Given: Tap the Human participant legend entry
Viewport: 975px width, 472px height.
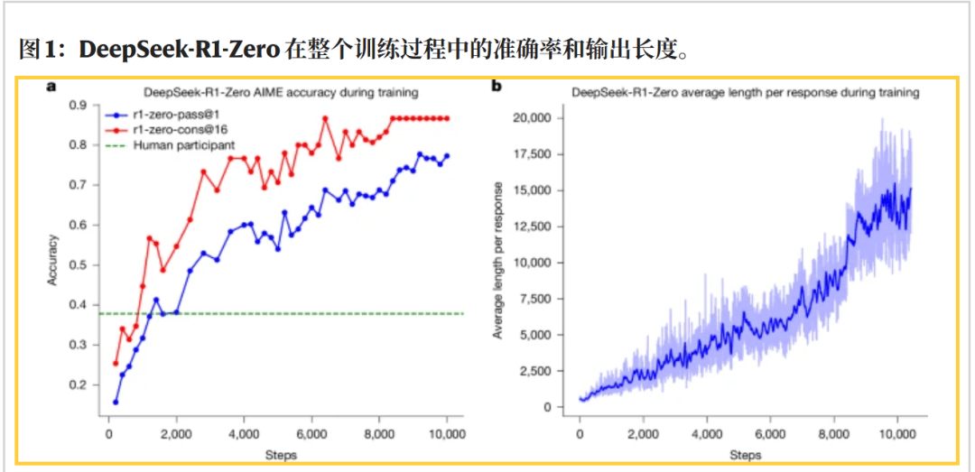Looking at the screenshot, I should (184, 144).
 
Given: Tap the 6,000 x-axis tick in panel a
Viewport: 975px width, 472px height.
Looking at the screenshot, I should (311, 433).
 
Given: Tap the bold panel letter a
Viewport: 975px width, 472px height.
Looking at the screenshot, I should (51, 88).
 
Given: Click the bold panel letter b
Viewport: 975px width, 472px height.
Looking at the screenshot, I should (497, 88).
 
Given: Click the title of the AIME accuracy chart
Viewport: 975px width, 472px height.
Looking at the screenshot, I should (280, 92).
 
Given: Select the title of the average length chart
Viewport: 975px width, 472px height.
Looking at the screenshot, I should (745, 92).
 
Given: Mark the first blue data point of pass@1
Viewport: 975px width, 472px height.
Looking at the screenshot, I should (116, 402).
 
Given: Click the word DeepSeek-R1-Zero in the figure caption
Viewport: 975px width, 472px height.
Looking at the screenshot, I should (179, 50).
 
